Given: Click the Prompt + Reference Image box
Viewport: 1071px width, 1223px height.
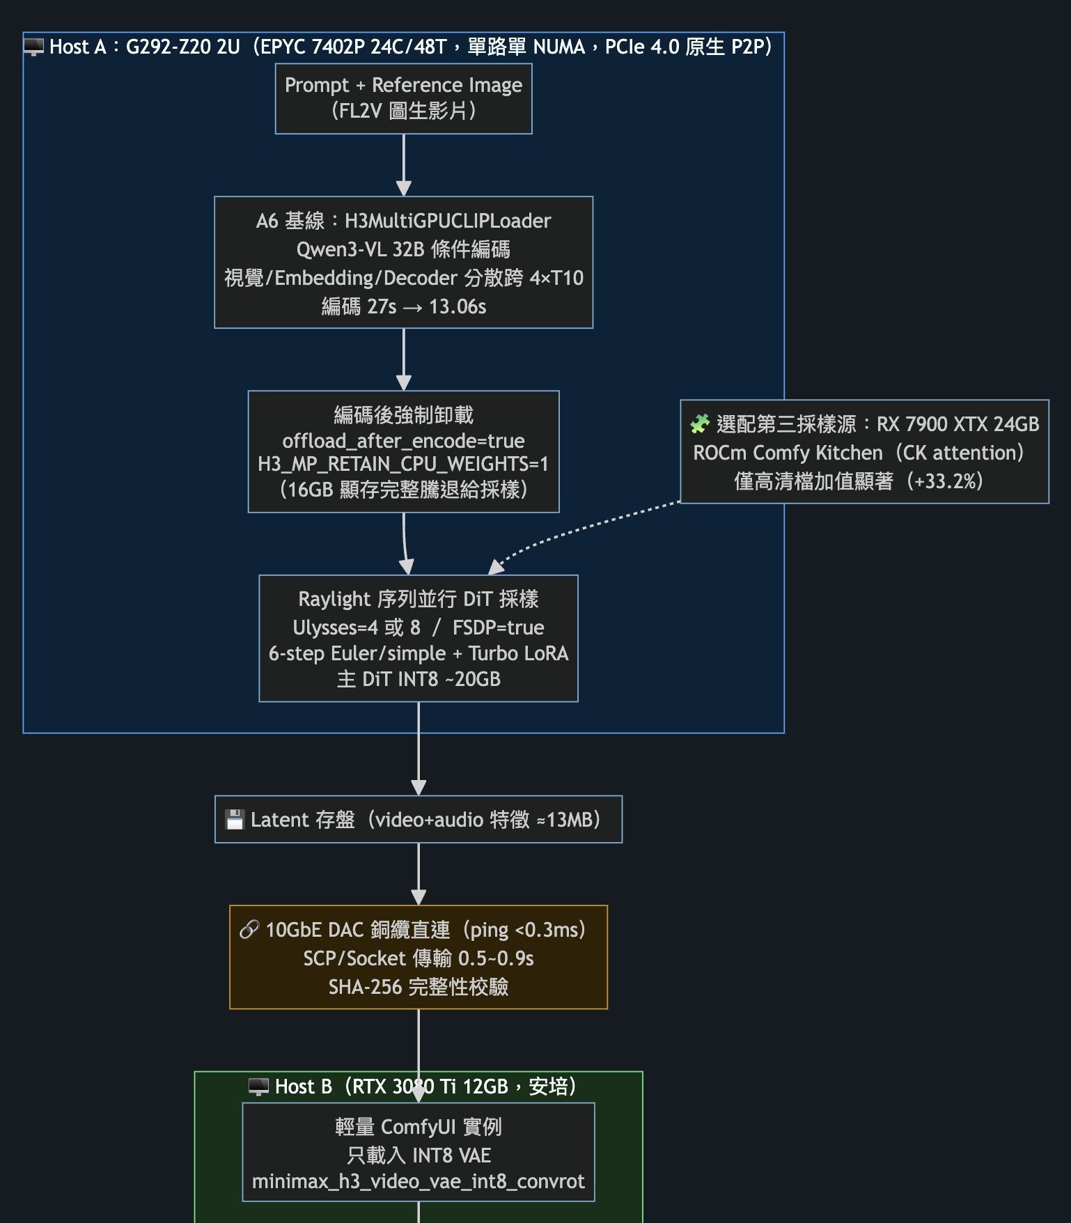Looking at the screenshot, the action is point(404,98).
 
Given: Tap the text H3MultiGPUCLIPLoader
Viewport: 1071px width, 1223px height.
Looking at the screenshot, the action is point(448,221).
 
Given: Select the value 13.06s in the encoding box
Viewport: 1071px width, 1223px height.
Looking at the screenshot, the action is point(458,306).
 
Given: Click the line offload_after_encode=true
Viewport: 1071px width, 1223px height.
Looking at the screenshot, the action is point(404,441).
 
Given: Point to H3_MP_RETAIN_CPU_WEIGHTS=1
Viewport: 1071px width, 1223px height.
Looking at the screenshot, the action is point(403,464).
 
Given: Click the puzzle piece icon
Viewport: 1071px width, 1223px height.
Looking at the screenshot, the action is point(700,423).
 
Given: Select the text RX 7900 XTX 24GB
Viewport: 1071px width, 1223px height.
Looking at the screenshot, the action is point(957,424).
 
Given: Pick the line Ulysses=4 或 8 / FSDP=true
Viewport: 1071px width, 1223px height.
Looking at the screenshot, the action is point(419,628).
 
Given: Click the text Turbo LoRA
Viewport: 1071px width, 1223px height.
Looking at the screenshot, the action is point(518,653).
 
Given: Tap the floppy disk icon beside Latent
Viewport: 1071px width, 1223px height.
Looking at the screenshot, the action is point(235,819).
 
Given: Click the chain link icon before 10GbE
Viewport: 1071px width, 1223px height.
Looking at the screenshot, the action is point(249,930).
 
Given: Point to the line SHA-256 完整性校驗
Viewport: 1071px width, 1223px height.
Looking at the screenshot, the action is point(419,987).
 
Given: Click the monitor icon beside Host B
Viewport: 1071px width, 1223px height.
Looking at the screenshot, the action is point(258,1086).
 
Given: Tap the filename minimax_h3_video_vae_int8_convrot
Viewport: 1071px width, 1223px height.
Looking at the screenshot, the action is point(419,1181).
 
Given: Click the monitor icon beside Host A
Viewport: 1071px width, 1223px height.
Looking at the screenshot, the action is point(33,47).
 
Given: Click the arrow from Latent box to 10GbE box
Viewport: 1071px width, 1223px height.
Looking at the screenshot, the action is point(419,874).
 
